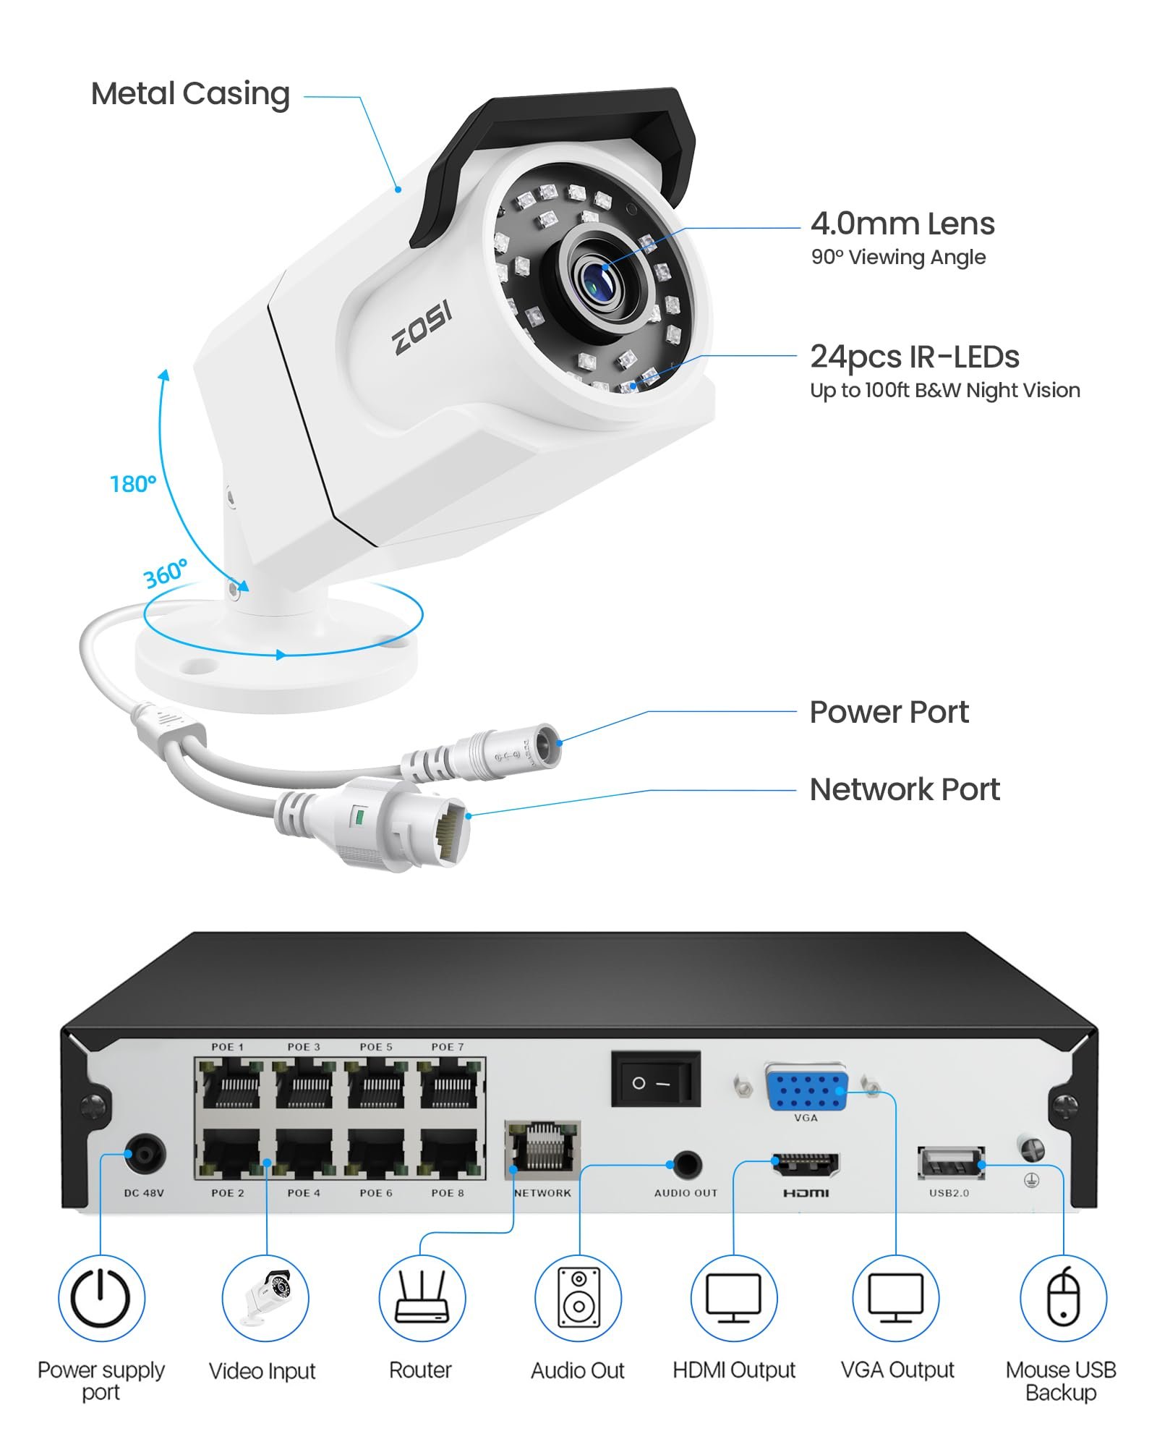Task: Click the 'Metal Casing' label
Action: pyautogui.click(x=190, y=95)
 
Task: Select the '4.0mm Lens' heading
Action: pyautogui.click(x=902, y=224)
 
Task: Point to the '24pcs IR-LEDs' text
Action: pyautogui.click(x=915, y=357)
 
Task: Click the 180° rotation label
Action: pyautogui.click(x=133, y=483)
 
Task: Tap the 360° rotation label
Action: pyautogui.click(x=166, y=574)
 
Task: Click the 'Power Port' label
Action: pyautogui.click(x=889, y=712)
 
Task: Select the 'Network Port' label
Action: pyautogui.click(x=905, y=789)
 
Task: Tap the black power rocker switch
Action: pyautogui.click(x=656, y=1079)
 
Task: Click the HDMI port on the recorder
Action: pyautogui.click(x=806, y=1164)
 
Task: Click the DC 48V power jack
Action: pyautogui.click(x=145, y=1154)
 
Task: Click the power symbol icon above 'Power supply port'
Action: pyautogui.click(x=101, y=1299)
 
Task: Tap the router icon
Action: pyautogui.click(x=422, y=1299)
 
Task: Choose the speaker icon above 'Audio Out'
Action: pyautogui.click(x=578, y=1299)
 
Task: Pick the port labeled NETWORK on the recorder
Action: pyautogui.click(x=542, y=1147)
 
